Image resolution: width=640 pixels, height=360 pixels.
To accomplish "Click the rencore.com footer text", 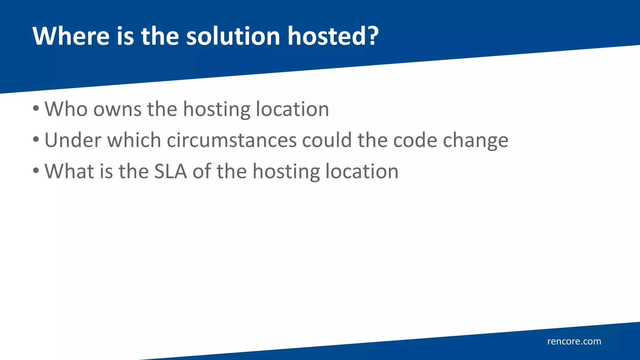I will (x=574, y=341).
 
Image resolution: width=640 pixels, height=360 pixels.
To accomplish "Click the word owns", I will (x=117, y=109).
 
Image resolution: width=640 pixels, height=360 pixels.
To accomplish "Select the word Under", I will (x=73, y=140).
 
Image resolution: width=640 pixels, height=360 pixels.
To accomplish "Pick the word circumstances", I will (x=232, y=140).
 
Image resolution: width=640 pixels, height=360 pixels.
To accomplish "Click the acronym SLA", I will (x=170, y=171).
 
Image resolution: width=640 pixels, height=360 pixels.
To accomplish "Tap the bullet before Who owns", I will (x=36, y=109).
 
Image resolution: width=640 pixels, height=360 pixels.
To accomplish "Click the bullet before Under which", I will (x=36, y=140).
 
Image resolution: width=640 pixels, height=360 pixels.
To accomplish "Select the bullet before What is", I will (x=36, y=171).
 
